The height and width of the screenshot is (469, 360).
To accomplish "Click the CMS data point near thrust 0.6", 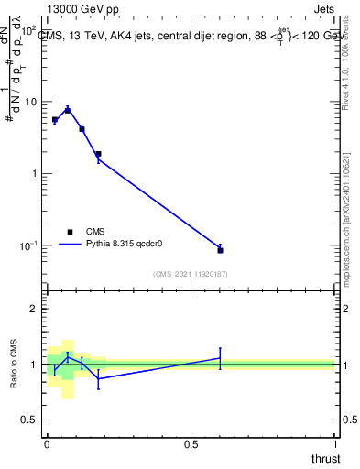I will (220, 249).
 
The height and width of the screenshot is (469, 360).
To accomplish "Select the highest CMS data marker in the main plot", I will (68, 110).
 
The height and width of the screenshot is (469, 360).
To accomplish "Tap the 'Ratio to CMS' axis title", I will (15, 364).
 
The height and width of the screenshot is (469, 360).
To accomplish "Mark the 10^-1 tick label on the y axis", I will (28, 245).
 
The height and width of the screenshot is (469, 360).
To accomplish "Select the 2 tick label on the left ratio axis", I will (36, 310).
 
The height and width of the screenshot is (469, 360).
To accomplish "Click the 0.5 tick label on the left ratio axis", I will (31, 420).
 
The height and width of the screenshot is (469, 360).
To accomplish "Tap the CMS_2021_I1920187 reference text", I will (190, 273).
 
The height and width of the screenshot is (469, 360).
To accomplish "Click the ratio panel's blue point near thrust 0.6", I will (220, 358).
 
